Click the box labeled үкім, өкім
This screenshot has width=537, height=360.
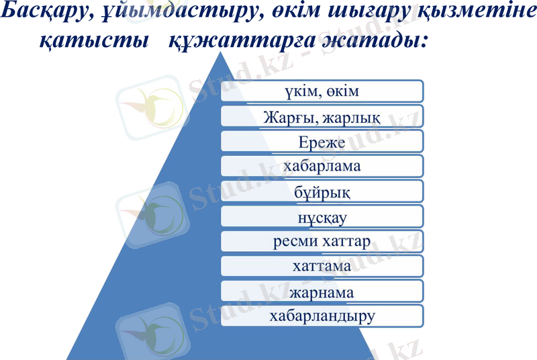click(322, 91)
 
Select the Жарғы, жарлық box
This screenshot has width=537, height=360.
click(322, 117)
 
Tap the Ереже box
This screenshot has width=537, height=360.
click(322, 142)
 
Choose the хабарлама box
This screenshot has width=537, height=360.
click(322, 166)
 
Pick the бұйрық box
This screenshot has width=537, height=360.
click(322, 191)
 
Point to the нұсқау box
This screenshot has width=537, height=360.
click(322, 216)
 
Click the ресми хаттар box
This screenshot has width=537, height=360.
click(322, 241)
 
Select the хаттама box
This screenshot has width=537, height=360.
click(322, 266)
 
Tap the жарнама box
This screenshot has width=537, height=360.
click(322, 291)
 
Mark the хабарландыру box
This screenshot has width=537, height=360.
click(322, 315)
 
